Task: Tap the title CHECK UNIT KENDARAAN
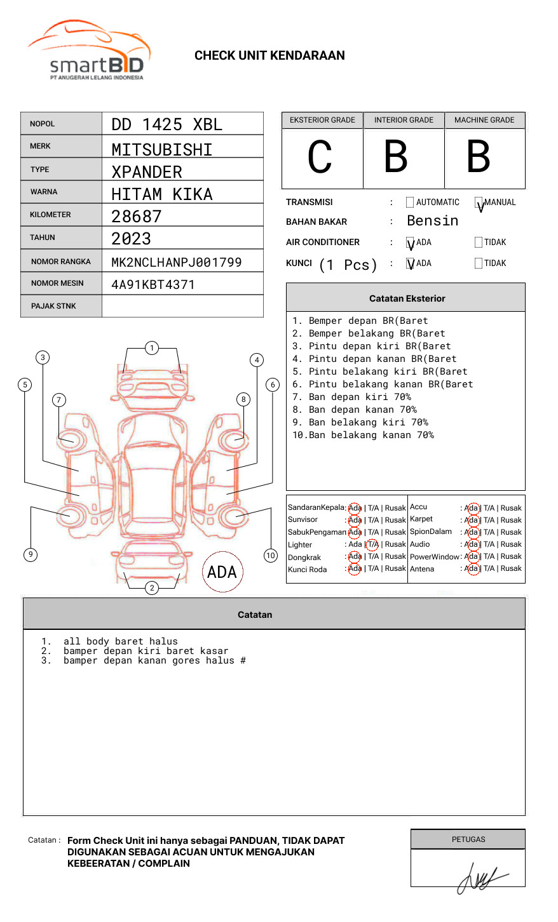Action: coord(269,56)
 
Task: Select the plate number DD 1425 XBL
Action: coord(167,124)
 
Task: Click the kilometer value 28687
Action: coord(137,217)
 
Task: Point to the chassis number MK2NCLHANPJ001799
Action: coord(176,262)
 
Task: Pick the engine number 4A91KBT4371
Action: coord(153,284)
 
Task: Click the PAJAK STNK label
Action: coord(53,306)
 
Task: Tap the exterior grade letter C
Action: coord(320,157)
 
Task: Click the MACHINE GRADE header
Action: coord(484,120)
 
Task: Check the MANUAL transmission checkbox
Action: coord(479,203)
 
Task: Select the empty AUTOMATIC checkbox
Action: coord(410,203)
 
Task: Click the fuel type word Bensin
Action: coord(432,221)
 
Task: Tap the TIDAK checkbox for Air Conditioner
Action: coord(479,243)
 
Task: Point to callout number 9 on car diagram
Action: coord(30,554)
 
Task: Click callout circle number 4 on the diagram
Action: coord(257,360)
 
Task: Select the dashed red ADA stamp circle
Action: coord(222,571)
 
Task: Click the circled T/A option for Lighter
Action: coord(372,544)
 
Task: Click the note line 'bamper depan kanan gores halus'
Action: coord(154,661)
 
